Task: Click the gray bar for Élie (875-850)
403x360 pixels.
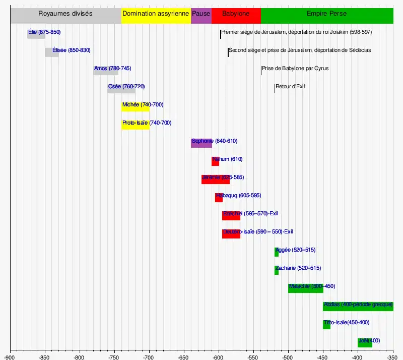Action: [36, 34]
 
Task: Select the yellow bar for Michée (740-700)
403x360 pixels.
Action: [135, 106]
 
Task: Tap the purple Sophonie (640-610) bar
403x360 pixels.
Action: [201, 143]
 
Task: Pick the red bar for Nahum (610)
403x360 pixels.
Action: [215, 161]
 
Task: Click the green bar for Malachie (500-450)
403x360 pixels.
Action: [305, 288]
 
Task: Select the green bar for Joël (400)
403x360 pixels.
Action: [365, 342]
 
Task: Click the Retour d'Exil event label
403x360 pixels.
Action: [290, 87]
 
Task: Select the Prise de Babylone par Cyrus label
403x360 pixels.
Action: [295, 69]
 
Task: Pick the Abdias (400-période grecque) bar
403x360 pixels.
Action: [358, 306]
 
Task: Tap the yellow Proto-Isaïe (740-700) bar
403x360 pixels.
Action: [135, 125]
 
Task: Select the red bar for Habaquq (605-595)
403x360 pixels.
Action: [219, 197]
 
